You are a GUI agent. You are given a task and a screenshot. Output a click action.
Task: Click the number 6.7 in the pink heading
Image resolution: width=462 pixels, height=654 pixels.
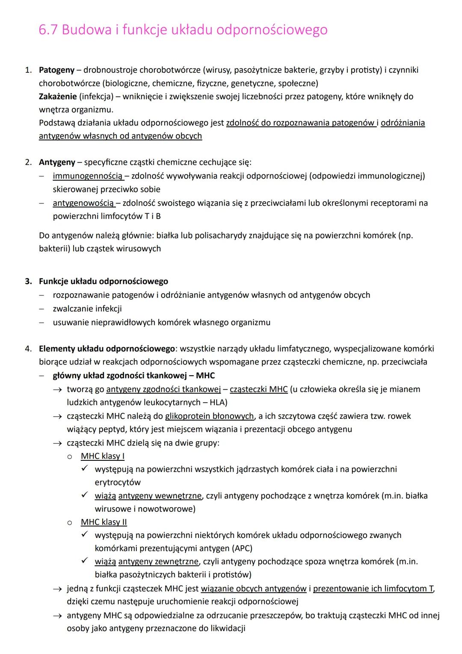(x=48, y=30)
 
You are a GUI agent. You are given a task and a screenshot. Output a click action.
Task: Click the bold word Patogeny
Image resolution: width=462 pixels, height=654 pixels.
(x=56, y=70)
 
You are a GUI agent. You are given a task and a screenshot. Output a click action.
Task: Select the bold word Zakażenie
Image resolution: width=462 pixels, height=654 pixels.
(x=58, y=96)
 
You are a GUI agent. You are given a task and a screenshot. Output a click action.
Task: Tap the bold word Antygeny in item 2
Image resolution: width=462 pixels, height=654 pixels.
(x=57, y=162)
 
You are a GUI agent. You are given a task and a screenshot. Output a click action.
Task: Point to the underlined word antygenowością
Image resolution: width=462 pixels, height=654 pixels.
(x=83, y=203)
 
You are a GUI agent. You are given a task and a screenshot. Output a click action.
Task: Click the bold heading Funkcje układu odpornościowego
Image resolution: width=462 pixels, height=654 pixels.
(x=103, y=281)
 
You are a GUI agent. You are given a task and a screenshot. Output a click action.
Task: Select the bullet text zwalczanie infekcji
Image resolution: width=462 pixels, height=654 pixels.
(x=87, y=308)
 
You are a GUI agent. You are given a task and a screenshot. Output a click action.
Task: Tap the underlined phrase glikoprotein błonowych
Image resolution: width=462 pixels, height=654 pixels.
(x=209, y=416)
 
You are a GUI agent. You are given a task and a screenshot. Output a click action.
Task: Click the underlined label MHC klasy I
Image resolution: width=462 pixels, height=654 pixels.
(x=102, y=456)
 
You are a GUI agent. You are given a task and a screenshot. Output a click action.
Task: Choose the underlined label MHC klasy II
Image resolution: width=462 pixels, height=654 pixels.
(x=104, y=522)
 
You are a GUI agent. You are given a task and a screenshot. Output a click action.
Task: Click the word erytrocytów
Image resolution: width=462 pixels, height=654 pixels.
(x=118, y=482)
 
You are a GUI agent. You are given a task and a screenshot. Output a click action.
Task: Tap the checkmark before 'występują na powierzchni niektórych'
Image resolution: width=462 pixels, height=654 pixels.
(x=85, y=535)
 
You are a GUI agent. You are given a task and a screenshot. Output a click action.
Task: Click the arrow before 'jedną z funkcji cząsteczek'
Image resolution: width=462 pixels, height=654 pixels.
(x=57, y=588)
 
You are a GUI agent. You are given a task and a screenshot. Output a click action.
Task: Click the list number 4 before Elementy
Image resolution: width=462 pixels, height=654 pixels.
(x=28, y=349)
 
